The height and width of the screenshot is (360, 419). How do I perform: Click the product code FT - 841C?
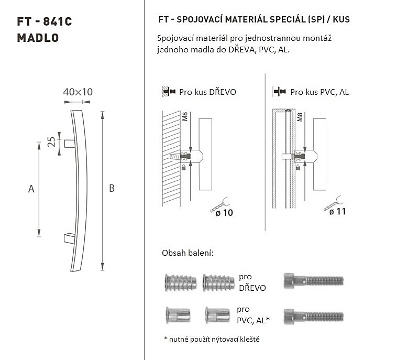coord(45,21)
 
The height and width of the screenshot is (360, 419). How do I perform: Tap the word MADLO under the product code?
coord(38,38)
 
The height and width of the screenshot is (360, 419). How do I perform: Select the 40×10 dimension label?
coord(78,92)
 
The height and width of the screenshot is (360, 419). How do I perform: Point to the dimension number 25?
coord(51,142)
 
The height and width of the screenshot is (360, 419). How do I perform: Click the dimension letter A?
coord(31,189)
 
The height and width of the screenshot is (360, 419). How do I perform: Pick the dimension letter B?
coord(112,189)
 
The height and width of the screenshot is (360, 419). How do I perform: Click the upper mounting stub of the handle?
coord(70,144)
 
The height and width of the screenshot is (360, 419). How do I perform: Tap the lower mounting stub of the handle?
coord(70,238)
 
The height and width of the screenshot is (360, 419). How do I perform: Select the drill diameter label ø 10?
coord(224,213)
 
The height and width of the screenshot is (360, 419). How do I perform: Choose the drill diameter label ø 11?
coord(337,212)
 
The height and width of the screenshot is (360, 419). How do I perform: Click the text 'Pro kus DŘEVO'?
coord(207,92)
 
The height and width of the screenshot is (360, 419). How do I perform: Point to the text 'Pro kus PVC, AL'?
coord(319,92)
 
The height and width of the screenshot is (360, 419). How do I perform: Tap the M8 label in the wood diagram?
coord(185,117)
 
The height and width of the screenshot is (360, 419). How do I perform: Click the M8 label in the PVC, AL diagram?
coord(300,117)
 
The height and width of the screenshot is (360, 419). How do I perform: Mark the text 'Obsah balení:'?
coord(188,253)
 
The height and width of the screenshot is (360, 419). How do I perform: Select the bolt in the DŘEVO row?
coord(313,281)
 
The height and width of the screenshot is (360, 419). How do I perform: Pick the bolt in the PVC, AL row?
coord(313,317)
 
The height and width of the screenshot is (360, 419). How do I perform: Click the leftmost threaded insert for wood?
coord(180,282)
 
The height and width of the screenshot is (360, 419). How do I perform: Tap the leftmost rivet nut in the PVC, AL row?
coord(178,315)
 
